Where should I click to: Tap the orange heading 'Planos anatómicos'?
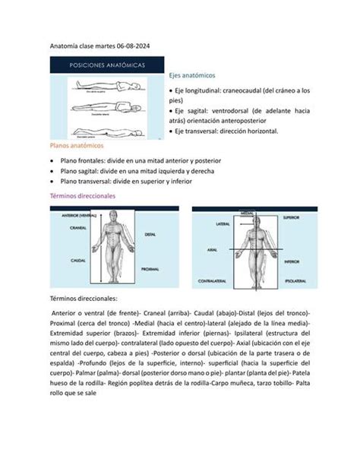point(77,144)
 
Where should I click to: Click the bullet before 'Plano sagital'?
point(51,172)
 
